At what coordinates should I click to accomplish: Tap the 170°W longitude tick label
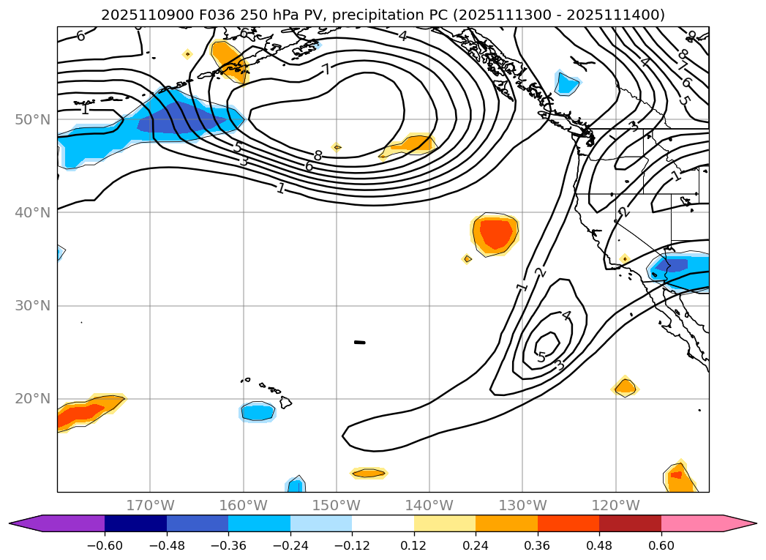(150, 505)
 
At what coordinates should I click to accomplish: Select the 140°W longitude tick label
(429, 505)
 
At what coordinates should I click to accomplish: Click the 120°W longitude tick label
(615, 505)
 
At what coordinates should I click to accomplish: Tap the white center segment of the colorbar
(383, 523)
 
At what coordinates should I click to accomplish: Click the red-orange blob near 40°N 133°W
(495, 234)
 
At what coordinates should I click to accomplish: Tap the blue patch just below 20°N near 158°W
(258, 412)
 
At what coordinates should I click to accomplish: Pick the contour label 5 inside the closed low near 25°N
(541, 357)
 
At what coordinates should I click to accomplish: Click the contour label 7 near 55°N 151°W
(326, 70)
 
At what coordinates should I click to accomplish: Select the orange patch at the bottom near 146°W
(369, 474)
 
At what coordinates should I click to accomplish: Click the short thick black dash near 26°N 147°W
(359, 342)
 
